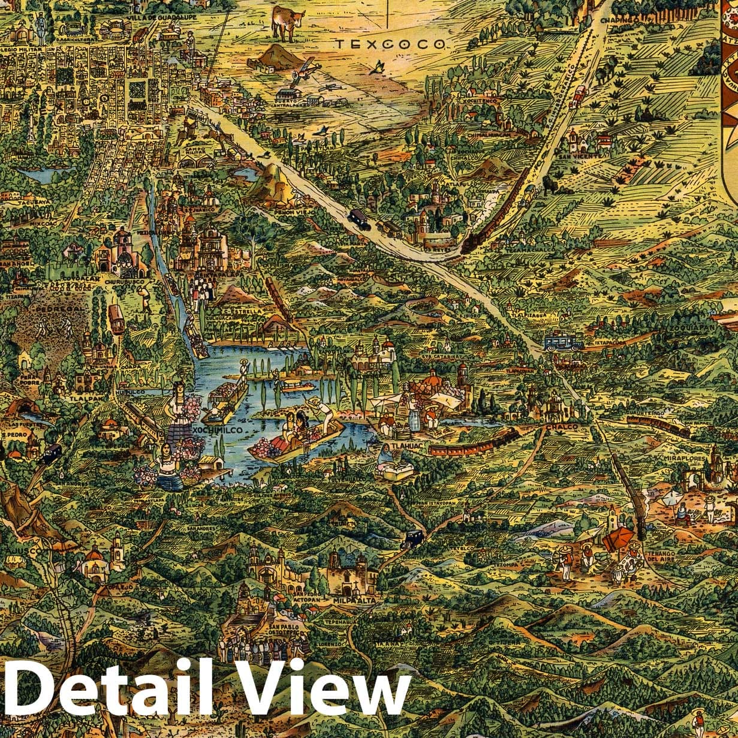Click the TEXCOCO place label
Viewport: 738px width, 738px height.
(390, 44)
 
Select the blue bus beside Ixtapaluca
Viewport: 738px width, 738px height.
(563, 342)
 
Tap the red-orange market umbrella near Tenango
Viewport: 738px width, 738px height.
(617, 538)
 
